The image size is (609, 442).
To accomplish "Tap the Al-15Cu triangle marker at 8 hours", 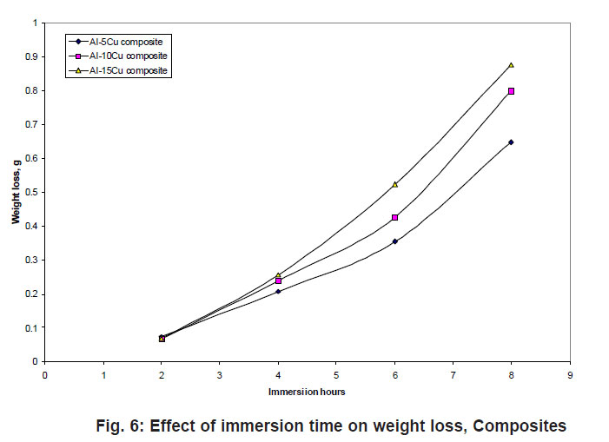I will pyautogui.click(x=511, y=65).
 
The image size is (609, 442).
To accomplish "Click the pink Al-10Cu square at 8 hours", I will pyautogui.click(x=511, y=90).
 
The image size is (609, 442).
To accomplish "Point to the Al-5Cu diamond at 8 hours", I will pyautogui.click(x=511, y=142).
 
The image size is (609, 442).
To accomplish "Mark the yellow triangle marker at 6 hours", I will pyautogui.click(x=394, y=184).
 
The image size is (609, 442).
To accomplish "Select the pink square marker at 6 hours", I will pyautogui.click(x=394, y=217).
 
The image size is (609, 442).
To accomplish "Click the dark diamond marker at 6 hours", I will pyautogui.click(x=394, y=241).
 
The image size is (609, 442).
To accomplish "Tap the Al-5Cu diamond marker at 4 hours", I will pyautogui.click(x=278, y=292).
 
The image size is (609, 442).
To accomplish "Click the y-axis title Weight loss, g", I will pyautogui.click(x=16, y=193).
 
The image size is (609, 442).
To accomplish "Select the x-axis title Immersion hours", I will pyautogui.click(x=307, y=393).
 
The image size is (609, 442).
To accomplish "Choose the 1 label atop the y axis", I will pyautogui.click(x=36, y=23).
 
